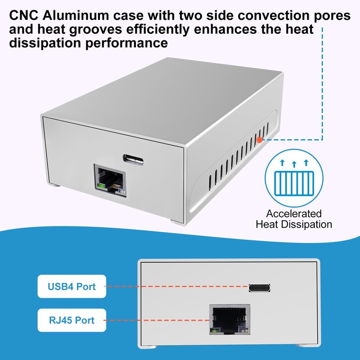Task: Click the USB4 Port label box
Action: tap(72, 286)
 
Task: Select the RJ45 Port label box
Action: tap(72, 320)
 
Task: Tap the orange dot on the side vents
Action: tap(260, 140)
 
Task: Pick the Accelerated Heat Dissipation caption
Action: tap(293, 219)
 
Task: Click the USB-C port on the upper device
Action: tap(133, 158)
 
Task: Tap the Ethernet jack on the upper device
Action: tap(109, 180)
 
